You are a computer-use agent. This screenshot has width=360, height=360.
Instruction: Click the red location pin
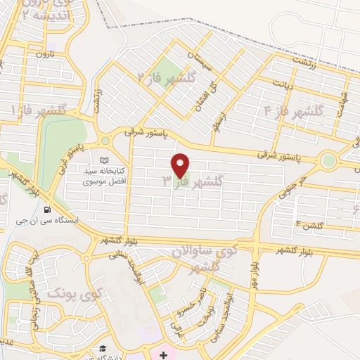coord(181,165)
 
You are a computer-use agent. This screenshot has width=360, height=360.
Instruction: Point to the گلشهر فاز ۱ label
coord(39,110)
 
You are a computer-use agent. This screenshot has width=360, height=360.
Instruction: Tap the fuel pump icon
coord(47,209)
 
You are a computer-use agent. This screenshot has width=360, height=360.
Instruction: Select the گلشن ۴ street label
coord(309,225)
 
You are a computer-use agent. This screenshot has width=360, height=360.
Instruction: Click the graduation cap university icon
coord(103,349)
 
